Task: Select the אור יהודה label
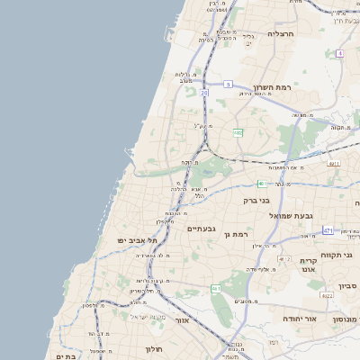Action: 298,319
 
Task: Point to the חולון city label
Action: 152,348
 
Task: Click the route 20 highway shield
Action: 204,92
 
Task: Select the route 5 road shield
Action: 229,84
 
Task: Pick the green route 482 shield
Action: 238,132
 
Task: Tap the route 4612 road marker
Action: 285,259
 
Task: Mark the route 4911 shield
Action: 333,164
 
